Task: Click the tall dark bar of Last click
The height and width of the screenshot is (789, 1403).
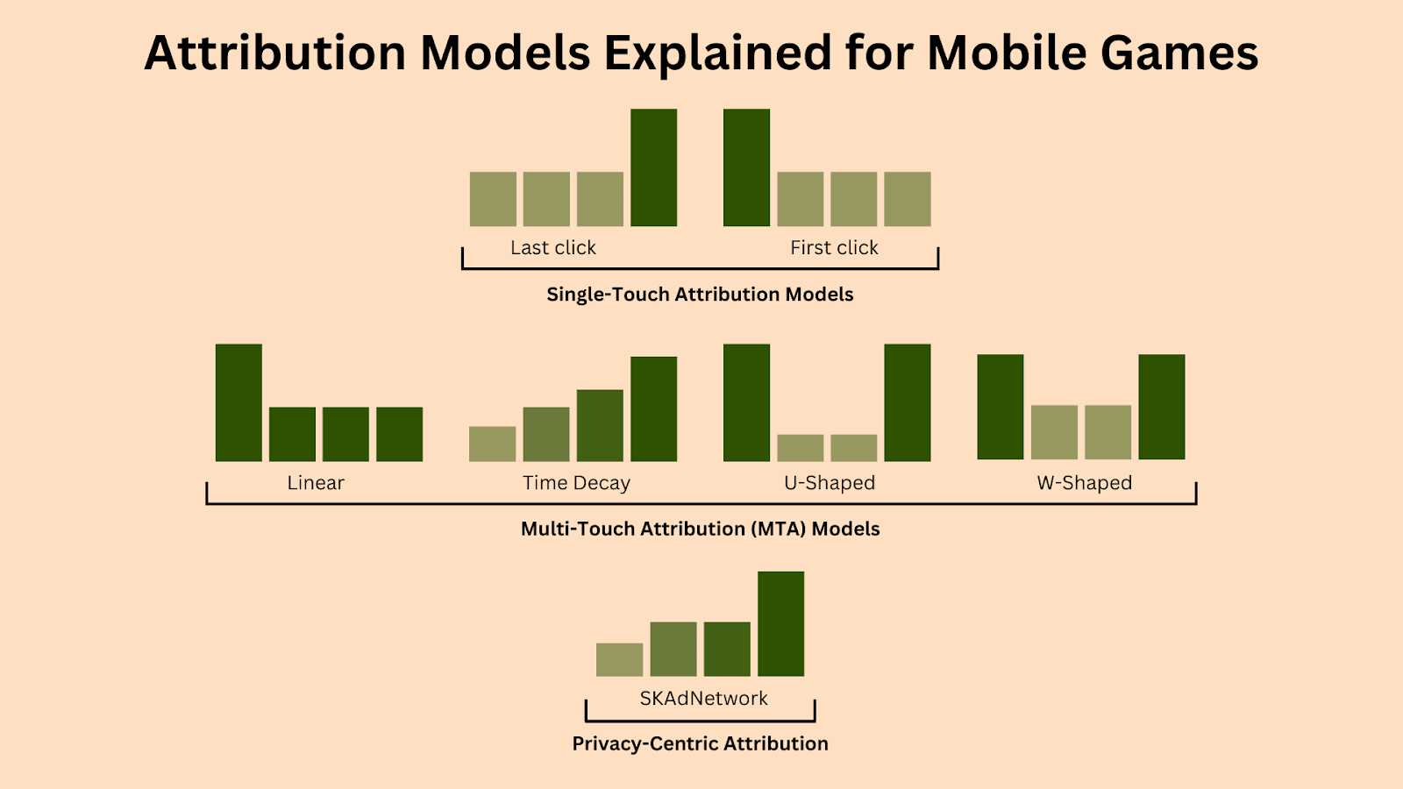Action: [x=653, y=167]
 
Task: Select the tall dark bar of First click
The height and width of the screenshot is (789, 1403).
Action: [x=746, y=167]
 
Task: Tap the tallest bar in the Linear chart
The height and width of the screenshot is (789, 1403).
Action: [x=239, y=402]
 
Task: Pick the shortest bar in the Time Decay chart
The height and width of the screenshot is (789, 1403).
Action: [x=492, y=444]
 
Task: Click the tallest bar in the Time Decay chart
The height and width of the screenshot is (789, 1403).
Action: [x=653, y=409]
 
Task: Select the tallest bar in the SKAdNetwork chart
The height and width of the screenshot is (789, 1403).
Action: [x=781, y=623]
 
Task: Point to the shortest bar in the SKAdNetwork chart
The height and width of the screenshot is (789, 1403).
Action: [x=619, y=659]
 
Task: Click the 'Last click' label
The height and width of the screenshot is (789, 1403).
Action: [x=553, y=248]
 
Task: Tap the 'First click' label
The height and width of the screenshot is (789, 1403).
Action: [x=834, y=248]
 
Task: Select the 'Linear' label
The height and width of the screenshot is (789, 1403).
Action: [x=316, y=483]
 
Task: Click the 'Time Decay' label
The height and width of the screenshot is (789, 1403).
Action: [x=576, y=483]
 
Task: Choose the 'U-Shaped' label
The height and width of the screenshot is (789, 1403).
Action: [x=830, y=483]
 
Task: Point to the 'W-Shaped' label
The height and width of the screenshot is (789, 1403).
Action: [x=1084, y=483]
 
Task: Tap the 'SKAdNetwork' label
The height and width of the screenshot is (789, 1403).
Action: [x=703, y=698]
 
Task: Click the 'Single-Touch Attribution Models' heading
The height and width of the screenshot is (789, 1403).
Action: [x=700, y=295]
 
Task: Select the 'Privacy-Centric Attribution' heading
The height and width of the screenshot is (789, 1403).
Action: [x=701, y=744]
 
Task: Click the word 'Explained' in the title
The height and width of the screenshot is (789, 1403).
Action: [x=717, y=54]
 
